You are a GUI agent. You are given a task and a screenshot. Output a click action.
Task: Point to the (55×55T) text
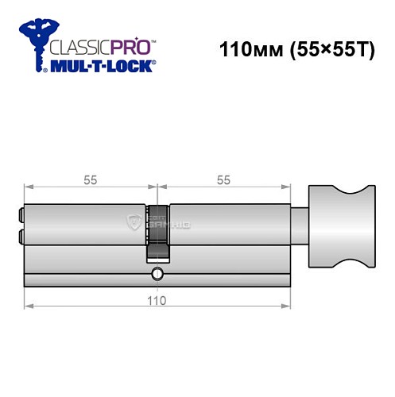coord(334,49)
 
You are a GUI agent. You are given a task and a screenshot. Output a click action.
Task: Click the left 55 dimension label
coord(90,180)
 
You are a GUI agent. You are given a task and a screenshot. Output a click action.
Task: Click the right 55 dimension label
coord(223,180)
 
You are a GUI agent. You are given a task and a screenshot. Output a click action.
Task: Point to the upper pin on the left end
coord(20,214)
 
